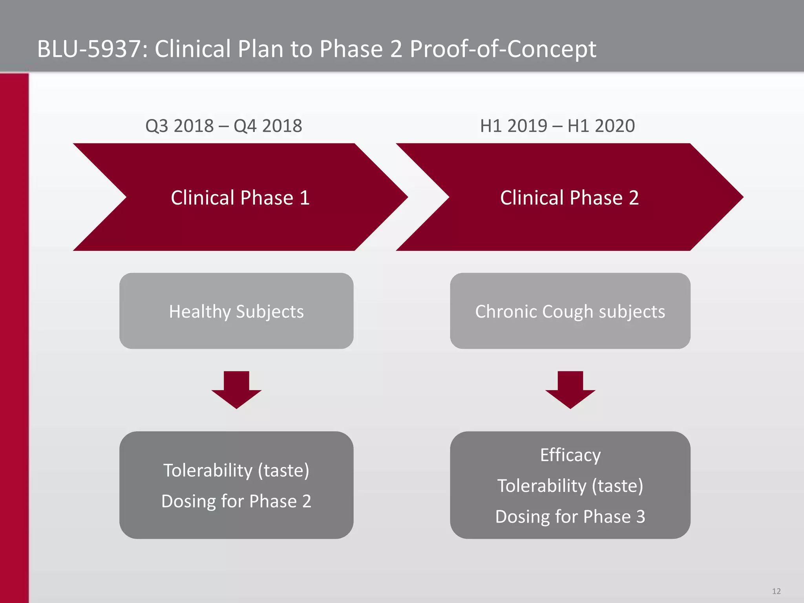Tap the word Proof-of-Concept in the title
[503, 49]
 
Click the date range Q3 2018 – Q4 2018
[224, 126]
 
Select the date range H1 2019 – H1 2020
[557, 126]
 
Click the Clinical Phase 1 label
[240, 197]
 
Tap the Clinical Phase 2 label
[569, 197]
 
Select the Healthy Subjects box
[236, 311]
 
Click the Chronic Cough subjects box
[570, 311]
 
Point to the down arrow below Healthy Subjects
[236, 389]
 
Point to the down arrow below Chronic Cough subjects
[570, 389]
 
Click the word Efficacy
[570, 455]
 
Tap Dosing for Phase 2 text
[236, 501]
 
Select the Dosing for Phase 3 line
[570, 517]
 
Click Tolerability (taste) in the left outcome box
[236, 470]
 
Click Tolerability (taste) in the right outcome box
[570, 486]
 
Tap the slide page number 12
[776, 591]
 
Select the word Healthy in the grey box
[200, 312]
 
